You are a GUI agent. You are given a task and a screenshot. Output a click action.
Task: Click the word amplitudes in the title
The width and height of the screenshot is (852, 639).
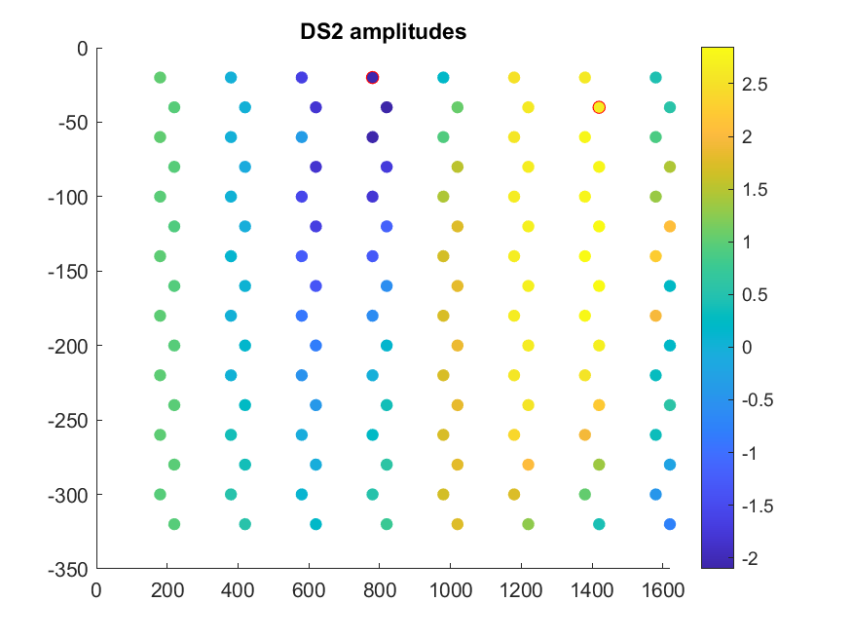coord(408,32)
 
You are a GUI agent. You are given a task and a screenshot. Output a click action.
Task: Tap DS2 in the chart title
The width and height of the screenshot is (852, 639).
coord(322,31)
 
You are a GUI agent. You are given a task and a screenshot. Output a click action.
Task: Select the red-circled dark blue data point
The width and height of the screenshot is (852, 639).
coord(372,78)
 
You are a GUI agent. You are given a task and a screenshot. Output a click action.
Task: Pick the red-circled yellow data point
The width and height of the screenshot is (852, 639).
coord(599,107)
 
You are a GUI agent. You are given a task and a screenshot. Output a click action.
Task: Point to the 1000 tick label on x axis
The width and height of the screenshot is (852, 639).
coord(451,590)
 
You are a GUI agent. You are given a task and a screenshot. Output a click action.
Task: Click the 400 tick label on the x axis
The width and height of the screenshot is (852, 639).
coord(238,590)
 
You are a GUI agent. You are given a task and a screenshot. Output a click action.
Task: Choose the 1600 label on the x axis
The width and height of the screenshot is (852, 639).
coord(663,590)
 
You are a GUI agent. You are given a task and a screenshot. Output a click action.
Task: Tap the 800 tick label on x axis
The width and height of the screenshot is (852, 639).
coord(380,590)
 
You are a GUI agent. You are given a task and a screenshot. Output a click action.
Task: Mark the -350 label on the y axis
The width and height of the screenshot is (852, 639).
coord(68,570)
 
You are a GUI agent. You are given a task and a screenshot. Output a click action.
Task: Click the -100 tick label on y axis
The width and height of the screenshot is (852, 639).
coord(68,197)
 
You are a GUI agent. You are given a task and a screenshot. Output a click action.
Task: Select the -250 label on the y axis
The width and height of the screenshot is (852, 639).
coord(68,421)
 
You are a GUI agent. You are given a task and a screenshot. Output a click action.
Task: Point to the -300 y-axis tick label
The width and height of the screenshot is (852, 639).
coord(68,496)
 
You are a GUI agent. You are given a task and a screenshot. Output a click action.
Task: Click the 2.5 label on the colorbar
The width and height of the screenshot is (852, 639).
coord(755,84)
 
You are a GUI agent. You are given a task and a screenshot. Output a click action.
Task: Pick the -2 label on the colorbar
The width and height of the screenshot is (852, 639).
coord(750,558)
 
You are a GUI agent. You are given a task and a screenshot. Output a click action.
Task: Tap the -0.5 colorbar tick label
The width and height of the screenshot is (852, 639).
coord(758,400)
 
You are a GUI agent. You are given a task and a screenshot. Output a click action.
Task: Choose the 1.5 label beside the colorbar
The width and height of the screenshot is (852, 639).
coord(755,190)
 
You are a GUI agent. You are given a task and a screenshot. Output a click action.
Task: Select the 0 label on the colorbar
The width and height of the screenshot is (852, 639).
coord(747,348)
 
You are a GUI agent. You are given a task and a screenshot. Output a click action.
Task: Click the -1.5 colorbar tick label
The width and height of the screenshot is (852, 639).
coord(758,506)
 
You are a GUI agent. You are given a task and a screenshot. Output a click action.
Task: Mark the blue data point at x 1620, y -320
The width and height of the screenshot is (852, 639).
coord(670,524)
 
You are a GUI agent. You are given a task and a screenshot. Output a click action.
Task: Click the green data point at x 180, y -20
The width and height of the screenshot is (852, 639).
coord(160,78)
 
